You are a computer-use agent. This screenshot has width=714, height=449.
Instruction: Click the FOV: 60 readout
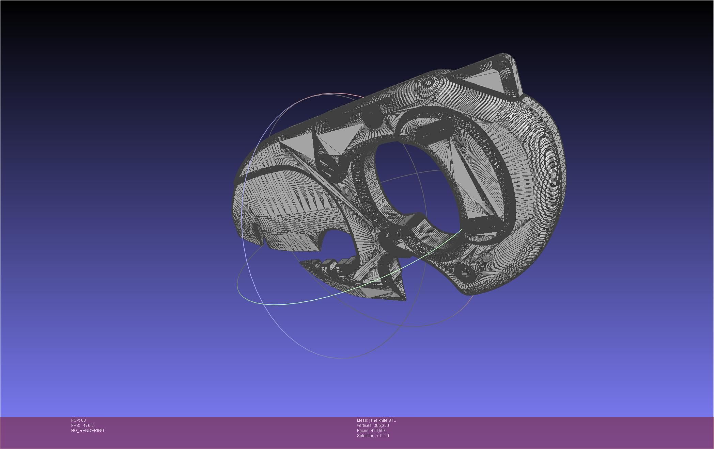point(78,420)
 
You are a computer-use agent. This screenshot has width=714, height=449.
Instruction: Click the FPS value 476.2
point(88,426)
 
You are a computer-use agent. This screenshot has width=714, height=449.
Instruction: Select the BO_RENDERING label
point(88,431)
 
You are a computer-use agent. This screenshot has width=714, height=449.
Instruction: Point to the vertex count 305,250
point(381,426)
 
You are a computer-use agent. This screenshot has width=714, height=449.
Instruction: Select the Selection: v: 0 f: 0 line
point(373,436)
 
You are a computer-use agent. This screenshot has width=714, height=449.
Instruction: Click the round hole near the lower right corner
point(465,272)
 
